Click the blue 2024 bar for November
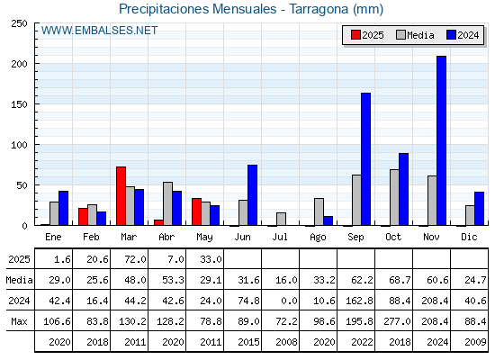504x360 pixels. (x=441, y=140)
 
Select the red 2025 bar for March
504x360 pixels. (x=121, y=196)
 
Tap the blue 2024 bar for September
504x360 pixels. (x=365, y=159)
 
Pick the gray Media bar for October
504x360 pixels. (x=394, y=197)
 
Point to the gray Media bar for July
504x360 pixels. (x=281, y=219)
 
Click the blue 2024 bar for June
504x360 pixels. (x=252, y=195)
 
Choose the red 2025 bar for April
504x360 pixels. (x=158, y=222)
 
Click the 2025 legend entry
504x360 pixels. (x=367, y=35)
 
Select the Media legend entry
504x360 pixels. (x=415, y=35)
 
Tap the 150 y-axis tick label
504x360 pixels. (x=19, y=104)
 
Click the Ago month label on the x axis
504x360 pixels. (x=318, y=238)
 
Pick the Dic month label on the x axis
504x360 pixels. (x=469, y=237)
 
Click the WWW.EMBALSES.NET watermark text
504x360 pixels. (x=99, y=31)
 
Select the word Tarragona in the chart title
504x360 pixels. (x=319, y=9)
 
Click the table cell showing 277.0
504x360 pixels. (x=394, y=321)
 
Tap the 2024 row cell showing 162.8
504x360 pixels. (x=356, y=301)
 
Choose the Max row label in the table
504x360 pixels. (x=19, y=321)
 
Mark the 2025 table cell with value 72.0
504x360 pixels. (x=130, y=259)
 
